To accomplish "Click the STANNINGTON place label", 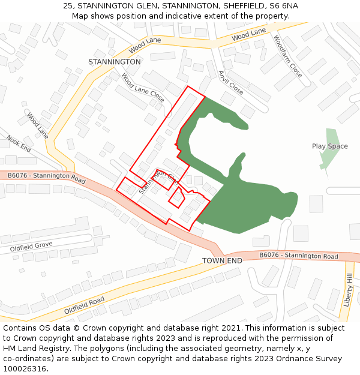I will pos(114,62).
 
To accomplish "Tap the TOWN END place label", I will pos(222,261).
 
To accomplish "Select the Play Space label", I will pos(329,146).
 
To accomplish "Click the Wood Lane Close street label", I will pos(143,88).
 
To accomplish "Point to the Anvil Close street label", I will pos(231,83).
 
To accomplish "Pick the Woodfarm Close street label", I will pos(288,56).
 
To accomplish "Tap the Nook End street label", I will pos(19,143).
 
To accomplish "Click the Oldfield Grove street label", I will pos(31,247).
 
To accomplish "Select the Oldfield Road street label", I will pos(84,305).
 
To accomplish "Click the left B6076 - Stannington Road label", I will pos(47,176).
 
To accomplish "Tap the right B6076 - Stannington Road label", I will pos(299,256).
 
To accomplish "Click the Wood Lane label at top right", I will pos(248,35).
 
